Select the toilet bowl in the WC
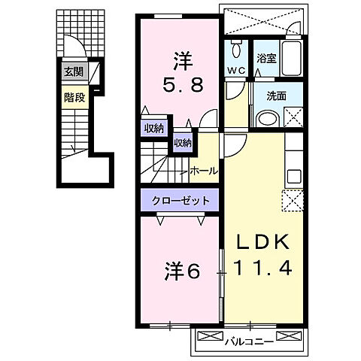[x=236, y=50]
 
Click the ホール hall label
[x=204, y=171]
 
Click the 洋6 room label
[x=183, y=271]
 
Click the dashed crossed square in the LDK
[x=292, y=201]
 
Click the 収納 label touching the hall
[x=183, y=142]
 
